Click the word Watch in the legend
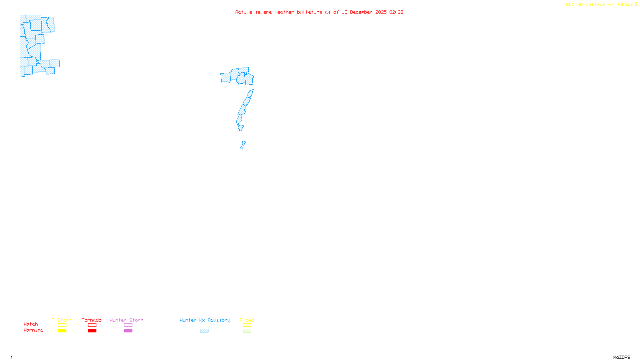point(31,324)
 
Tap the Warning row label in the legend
point(33,330)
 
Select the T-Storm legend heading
point(62,320)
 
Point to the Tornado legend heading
point(92,320)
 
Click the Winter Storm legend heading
point(126,320)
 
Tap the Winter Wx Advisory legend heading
point(205,320)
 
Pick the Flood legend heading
point(247,320)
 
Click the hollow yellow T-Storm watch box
point(62,325)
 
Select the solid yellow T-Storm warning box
point(62,331)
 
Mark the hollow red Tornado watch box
point(92,325)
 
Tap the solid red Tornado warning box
point(92,331)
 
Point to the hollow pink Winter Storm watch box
point(128,325)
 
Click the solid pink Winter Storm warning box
point(128,331)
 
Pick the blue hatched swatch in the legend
point(204,331)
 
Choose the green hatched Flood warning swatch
point(247,331)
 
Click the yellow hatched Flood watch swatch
point(247,325)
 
